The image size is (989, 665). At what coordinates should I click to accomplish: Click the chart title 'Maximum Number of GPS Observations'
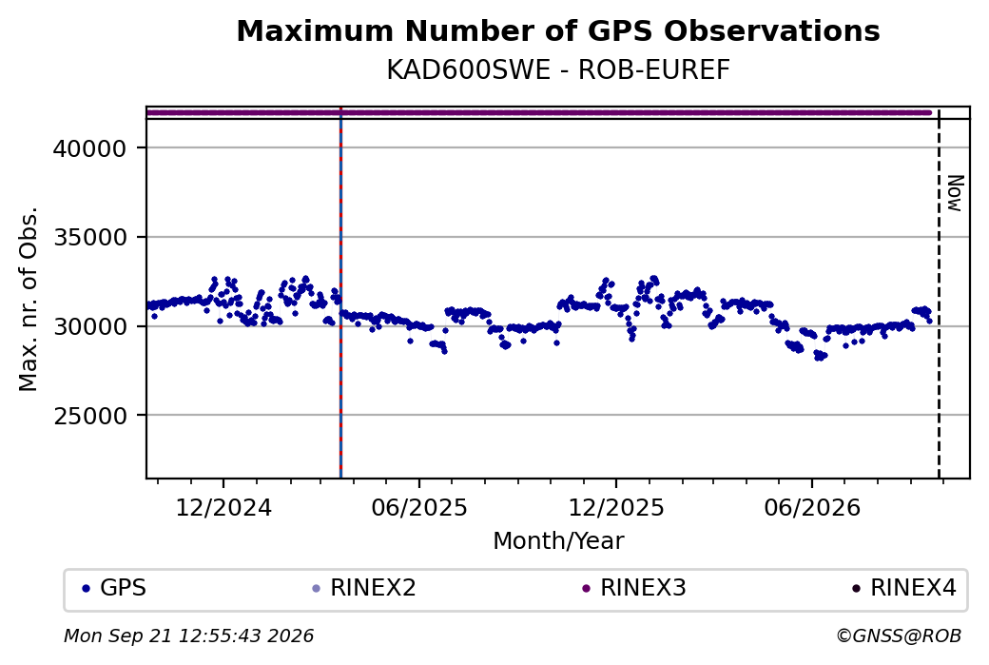[x=557, y=30]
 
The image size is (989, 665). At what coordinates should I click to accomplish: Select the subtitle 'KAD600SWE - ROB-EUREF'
[x=557, y=70]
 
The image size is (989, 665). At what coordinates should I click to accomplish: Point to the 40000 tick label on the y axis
[x=89, y=149]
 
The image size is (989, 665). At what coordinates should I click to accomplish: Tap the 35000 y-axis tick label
[x=89, y=238]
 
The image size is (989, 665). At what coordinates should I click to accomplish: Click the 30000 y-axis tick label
[x=89, y=327]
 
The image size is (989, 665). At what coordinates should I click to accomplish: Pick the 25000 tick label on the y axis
[x=89, y=416]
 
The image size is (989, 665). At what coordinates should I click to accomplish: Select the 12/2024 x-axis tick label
[x=223, y=507]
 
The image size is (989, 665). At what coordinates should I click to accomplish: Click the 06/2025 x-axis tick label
[x=419, y=507]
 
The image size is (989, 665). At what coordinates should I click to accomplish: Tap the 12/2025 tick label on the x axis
[x=616, y=507]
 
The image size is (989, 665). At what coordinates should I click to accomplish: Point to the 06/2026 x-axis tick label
[x=812, y=507]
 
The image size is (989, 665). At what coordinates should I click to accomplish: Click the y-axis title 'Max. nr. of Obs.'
[x=29, y=299]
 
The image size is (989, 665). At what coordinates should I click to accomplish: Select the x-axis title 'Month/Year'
[x=558, y=541]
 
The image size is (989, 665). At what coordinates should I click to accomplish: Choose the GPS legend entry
[x=114, y=588]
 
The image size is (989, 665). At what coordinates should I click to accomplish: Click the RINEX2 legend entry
[x=364, y=588]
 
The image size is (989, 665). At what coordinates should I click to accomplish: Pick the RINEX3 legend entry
[x=634, y=588]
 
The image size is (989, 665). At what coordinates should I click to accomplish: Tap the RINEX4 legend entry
[x=904, y=588]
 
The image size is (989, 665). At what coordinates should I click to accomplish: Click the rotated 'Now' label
[x=956, y=193]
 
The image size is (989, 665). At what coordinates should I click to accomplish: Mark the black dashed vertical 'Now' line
[x=939, y=294]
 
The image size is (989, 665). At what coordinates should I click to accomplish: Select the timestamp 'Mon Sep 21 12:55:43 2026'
[x=188, y=636]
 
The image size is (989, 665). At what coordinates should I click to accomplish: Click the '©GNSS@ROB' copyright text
[x=899, y=636]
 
